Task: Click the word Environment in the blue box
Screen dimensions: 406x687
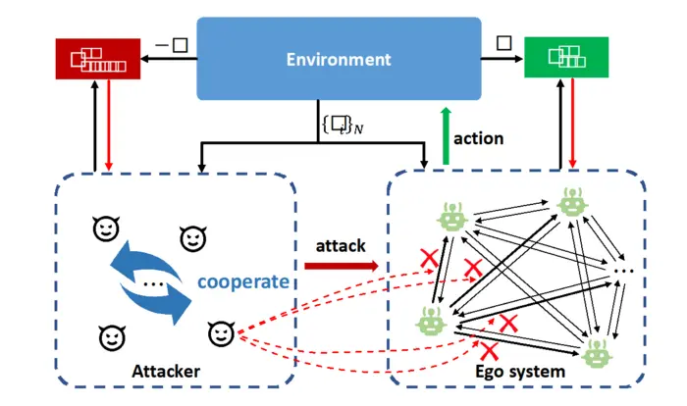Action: coord(339,59)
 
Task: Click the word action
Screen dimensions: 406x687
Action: coord(479,138)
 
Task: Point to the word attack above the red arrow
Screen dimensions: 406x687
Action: coord(341,241)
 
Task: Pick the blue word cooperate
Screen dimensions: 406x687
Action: coord(242,281)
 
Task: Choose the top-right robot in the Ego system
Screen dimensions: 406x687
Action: coord(572,201)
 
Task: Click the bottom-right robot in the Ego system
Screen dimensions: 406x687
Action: coord(596,353)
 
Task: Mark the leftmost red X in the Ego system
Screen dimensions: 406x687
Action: coord(429,258)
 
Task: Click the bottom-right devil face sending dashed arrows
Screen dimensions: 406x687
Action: coord(220,333)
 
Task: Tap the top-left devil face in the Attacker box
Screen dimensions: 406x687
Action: coord(105,228)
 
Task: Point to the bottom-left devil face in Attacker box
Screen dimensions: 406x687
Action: coord(111,338)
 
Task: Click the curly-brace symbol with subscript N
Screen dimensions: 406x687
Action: coord(336,125)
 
